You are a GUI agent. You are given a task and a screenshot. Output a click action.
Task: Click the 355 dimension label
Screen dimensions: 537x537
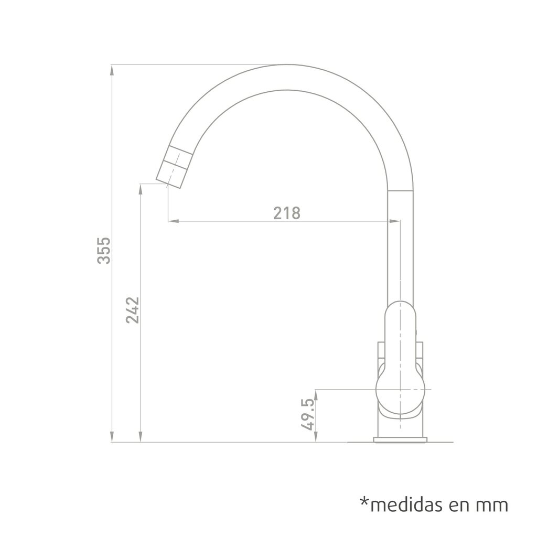click(104, 250)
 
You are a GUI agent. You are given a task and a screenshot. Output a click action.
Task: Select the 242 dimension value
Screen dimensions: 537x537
click(133, 310)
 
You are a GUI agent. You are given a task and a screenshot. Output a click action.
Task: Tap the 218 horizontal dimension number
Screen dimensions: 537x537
click(287, 213)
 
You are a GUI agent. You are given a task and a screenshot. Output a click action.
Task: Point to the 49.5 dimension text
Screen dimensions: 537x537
click(307, 414)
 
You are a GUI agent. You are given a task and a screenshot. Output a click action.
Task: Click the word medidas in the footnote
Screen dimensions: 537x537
click(408, 505)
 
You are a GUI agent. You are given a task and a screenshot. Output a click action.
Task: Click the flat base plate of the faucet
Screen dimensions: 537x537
click(400, 440)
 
